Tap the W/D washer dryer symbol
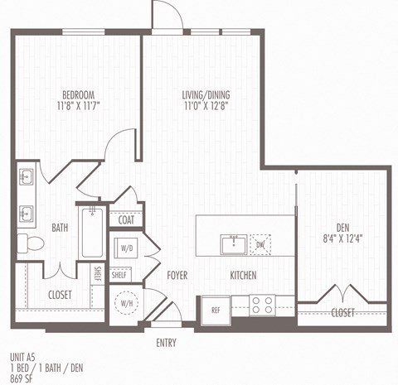(x=128, y=247)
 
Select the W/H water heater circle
(x=127, y=304)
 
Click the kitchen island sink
(x=233, y=244)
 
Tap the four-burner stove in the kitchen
(x=263, y=305)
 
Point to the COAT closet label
(x=126, y=220)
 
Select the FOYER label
(x=177, y=275)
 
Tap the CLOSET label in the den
(x=342, y=313)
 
